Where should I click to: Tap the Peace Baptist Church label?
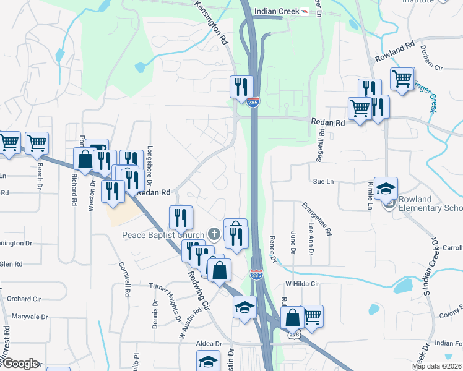163,235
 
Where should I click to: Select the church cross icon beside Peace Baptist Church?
214,234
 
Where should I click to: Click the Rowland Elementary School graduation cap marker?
386,189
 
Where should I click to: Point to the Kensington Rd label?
212,22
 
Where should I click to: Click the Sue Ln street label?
323,182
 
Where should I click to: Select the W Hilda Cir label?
301,284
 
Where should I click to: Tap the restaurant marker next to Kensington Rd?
240,87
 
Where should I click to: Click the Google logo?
19,364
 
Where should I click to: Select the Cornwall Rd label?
125,278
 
